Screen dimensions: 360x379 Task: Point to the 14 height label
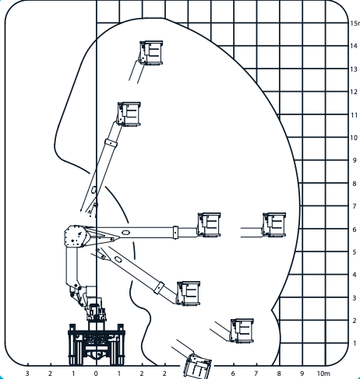[354, 46]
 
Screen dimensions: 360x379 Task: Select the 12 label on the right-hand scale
[354, 92]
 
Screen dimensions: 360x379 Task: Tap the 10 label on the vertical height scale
[354, 138]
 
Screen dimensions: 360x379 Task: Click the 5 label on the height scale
[355, 252]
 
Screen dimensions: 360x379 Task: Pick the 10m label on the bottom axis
[323, 374]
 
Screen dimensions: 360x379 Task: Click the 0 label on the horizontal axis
[96, 374]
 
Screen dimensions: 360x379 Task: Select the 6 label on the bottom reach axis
[233, 374]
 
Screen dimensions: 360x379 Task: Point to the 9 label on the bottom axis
[302, 374]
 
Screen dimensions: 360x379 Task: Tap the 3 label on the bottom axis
[27, 374]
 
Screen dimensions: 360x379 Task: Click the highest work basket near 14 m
[151, 53]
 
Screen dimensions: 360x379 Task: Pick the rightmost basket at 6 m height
[274, 225]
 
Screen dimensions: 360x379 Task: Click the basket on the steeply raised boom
[129, 114]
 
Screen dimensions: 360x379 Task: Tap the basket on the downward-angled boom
[189, 293]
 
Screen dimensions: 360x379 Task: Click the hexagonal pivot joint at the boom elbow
[76, 236]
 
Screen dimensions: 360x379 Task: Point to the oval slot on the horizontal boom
[125, 233]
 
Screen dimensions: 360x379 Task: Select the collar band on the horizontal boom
[175, 233]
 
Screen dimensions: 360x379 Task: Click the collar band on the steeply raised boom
[111, 143]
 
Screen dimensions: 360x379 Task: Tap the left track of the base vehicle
[72, 345]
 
